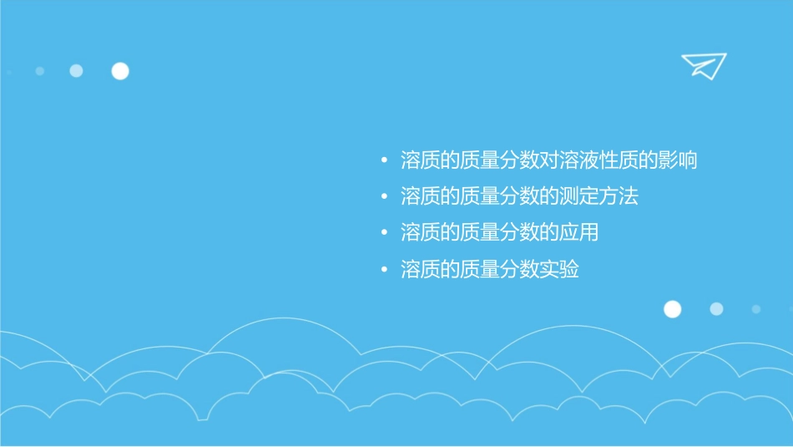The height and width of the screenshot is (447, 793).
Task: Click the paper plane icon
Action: [x=703, y=65]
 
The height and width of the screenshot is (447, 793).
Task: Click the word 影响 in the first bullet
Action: [x=676, y=160]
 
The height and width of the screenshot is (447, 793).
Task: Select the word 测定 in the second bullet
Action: [x=578, y=196]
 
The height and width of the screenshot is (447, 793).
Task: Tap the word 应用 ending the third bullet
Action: [x=578, y=233]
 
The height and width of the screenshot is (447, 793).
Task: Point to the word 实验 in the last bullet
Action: [x=558, y=270]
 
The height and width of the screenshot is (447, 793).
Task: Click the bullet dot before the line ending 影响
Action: [x=383, y=160]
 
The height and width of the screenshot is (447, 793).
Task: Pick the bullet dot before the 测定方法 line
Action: [x=383, y=197]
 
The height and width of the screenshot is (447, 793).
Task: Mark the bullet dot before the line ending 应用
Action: [x=383, y=233]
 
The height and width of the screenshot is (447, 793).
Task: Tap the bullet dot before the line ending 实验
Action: [x=383, y=270]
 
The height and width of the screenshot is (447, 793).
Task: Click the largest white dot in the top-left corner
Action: [x=120, y=71]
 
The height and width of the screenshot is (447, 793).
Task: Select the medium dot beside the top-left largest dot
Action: [x=76, y=71]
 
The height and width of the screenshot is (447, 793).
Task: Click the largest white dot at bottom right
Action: [x=672, y=309]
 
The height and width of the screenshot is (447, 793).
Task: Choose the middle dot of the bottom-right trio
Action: [x=716, y=309]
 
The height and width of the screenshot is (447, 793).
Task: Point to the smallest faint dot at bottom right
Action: [x=755, y=309]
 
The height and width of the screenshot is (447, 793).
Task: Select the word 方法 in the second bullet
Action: [x=618, y=196]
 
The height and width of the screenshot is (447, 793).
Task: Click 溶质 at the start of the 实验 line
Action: [x=420, y=270]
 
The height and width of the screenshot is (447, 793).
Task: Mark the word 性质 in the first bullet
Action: [x=619, y=160]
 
